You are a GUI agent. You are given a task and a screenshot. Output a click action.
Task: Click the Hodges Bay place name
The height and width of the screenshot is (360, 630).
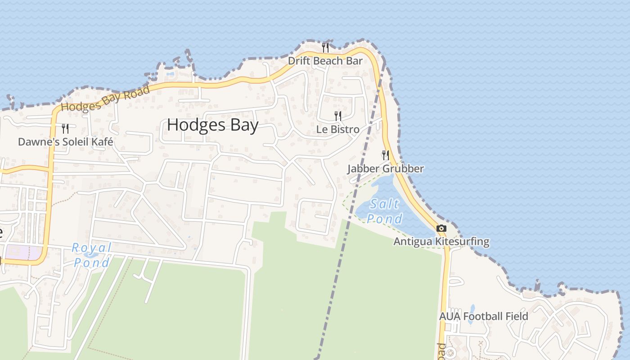click(x=212, y=125)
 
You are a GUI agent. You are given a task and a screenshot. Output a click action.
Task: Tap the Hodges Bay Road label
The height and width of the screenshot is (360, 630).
click(x=105, y=99)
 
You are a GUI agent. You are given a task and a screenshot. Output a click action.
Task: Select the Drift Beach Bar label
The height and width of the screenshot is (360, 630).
click(x=325, y=61)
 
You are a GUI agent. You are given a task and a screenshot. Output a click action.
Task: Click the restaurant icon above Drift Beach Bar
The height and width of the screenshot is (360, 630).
click(x=325, y=47)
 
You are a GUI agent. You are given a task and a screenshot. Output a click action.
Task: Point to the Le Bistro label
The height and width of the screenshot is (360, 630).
click(x=337, y=130)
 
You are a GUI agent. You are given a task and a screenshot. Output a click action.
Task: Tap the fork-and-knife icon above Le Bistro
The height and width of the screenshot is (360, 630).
click(x=338, y=116)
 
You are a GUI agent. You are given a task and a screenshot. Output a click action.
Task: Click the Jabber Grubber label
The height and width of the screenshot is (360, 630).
click(x=385, y=169)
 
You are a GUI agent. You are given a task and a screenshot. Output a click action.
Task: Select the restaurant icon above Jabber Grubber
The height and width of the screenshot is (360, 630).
click(x=386, y=155)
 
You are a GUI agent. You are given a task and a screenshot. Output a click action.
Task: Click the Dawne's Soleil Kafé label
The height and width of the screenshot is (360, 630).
click(x=65, y=142)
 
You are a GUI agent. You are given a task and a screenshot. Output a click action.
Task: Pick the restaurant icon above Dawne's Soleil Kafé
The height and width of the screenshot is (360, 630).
click(x=65, y=129)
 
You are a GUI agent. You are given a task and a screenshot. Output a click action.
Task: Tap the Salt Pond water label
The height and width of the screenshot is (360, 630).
click(x=384, y=211)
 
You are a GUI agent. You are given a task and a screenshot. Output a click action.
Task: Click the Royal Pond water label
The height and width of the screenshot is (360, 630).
click(x=91, y=255)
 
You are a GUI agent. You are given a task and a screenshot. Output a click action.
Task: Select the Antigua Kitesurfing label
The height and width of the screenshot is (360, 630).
click(x=441, y=242)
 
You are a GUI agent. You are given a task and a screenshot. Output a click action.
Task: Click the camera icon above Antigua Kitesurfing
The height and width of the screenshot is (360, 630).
click(x=441, y=229)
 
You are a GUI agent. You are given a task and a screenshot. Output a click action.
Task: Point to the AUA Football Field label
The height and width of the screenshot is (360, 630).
click(x=483, y=316)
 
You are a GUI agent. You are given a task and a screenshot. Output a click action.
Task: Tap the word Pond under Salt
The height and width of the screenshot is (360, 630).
click(x=384, y=219)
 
